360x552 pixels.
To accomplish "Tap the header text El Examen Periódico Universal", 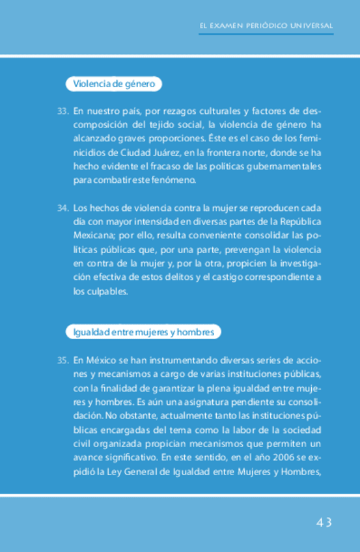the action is (266, 26).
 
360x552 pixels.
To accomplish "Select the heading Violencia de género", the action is (113, 84).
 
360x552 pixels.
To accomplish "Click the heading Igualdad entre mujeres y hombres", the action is (143, 333).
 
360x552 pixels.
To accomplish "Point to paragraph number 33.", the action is (62, 111).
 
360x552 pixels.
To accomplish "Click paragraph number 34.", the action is (62, 208).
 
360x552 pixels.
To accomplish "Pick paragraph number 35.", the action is (62, 360).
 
